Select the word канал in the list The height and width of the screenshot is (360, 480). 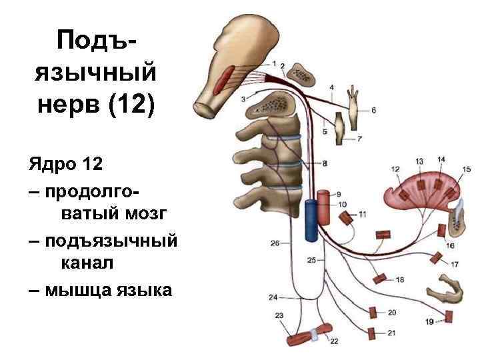pos(87,264)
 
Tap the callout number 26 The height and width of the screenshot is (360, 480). pos(275,243)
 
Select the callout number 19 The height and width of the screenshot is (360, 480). pos(429,322)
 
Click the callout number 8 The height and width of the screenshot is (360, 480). pos(325,163)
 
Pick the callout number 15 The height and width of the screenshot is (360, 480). pos(466,169)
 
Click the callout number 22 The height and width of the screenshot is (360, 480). pos(333,341)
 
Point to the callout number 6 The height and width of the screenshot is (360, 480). pos(373,110)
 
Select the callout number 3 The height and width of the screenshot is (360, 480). pos(244,99)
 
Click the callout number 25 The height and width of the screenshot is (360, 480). pos(311,260)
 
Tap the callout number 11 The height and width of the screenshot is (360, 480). pos(362,214)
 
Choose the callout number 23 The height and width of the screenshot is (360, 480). pos(279,315)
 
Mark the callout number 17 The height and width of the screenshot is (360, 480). pos(454,265)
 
